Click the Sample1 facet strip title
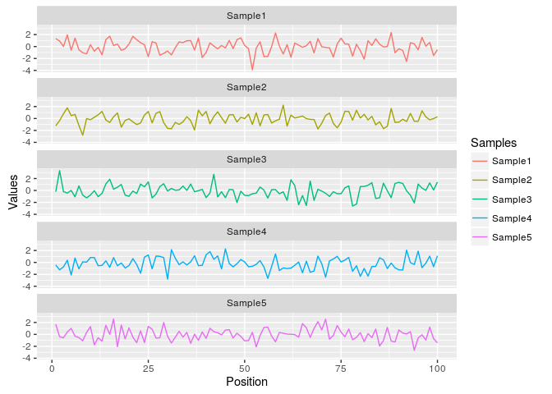[246, 16]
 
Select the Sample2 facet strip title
[246, 87]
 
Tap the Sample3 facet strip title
[246, 159]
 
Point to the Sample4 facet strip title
[246, 231]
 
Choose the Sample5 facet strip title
[246, 303]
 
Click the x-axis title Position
[246, 382]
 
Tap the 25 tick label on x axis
[148, 368]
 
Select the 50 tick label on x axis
[244, 368]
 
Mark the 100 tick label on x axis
[437, 368]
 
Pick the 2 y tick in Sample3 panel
[29, 178]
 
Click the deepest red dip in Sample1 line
[252, 70]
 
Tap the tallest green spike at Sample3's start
[59, 171]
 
